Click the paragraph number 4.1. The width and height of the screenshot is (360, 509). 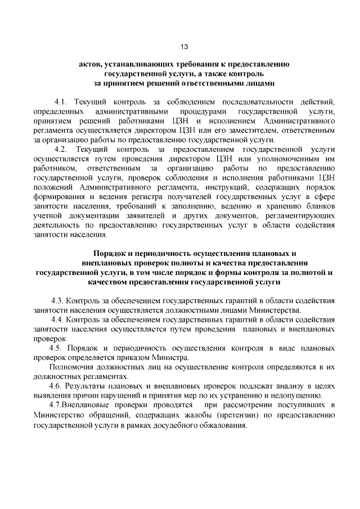pos(60,102)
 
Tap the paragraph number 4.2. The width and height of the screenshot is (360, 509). pos(60,149)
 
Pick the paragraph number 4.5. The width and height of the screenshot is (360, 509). pos(57,348)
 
